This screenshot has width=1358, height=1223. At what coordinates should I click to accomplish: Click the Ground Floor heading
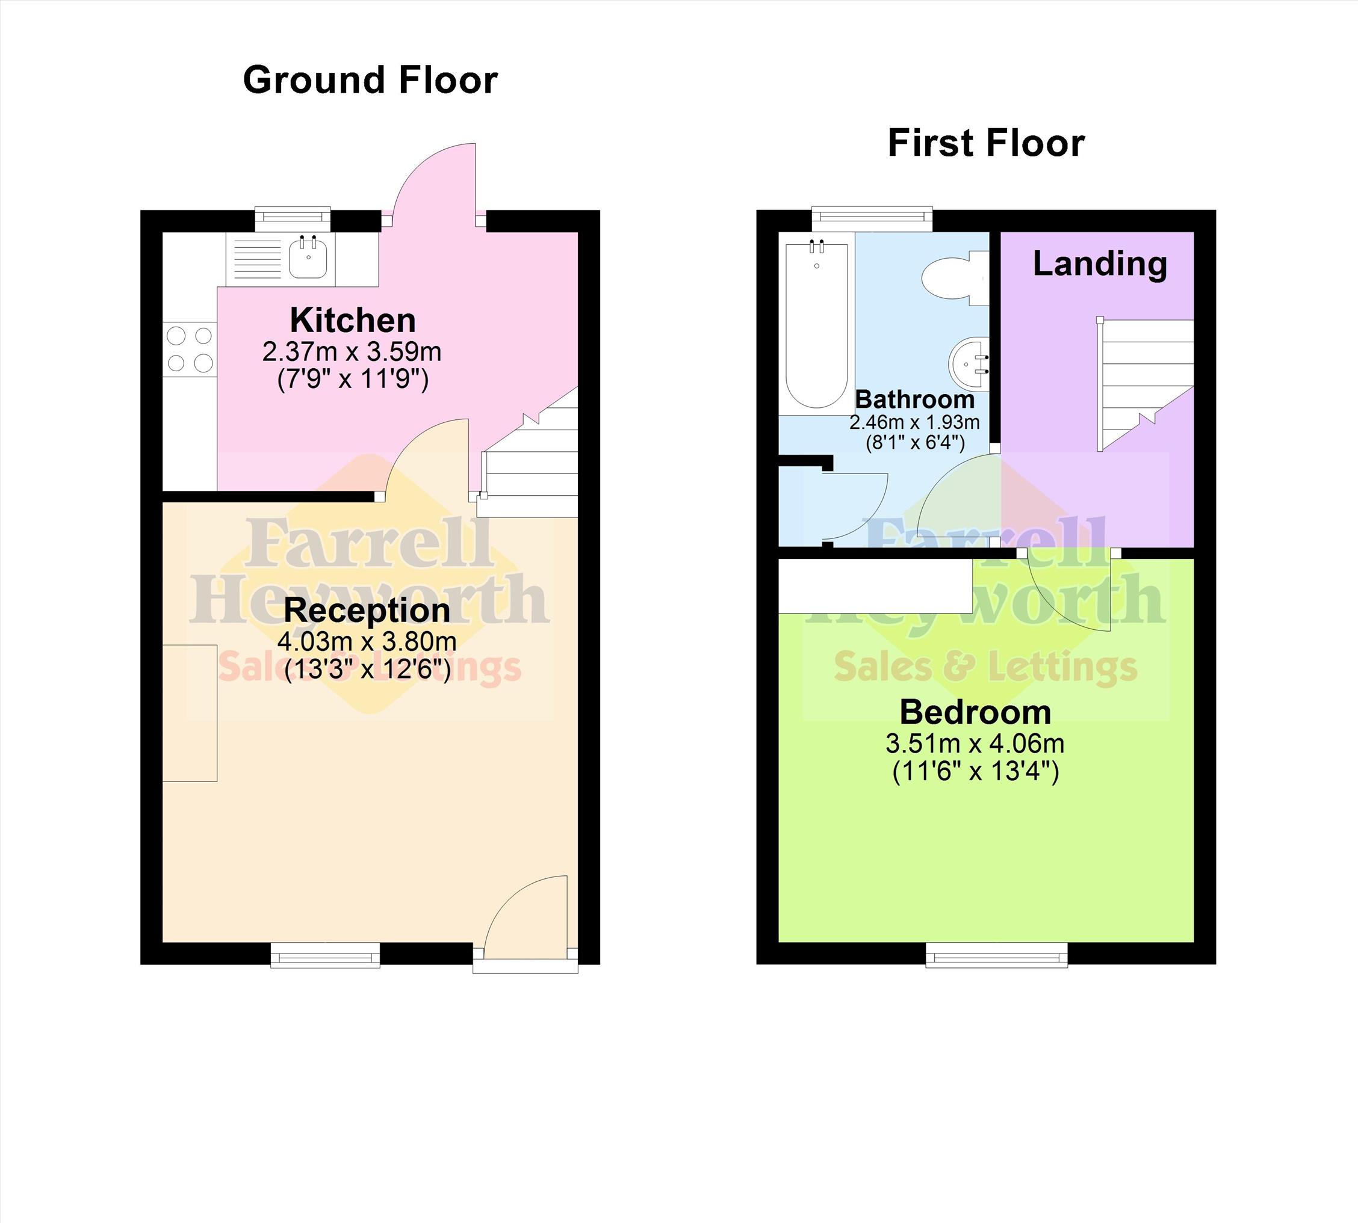coord(370,80)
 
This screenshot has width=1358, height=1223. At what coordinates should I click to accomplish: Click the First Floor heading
coord(986,143)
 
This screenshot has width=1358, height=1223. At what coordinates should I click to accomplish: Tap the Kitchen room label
coord(353,320)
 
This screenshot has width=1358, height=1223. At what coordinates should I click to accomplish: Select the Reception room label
coord(367,610)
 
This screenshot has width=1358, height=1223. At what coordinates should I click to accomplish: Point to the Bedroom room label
coord(976,712)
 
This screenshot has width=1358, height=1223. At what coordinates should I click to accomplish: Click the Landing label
coord(1100,264)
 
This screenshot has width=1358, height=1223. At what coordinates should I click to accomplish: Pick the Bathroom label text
coord(915,399)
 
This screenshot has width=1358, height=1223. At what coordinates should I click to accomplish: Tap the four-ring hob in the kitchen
coord(190,350)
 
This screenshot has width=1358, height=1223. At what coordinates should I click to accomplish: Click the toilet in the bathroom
coord(955,278)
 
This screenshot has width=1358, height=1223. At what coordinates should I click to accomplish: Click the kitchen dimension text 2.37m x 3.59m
coord(352,351)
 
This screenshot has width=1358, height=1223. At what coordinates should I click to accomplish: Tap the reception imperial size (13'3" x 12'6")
coord(367,670)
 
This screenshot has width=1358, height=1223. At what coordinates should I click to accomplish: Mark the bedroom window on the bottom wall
coord(996,954)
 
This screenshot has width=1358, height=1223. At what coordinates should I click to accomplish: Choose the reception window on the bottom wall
coord(326,954)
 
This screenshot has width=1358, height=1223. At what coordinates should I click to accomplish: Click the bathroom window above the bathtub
coord(872,218)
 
